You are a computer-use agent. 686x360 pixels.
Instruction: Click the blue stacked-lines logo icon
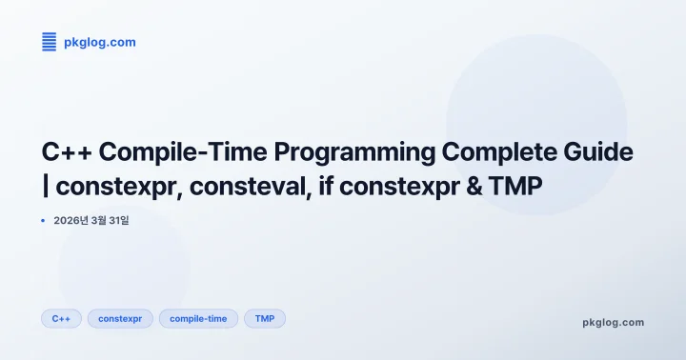coord(50,41)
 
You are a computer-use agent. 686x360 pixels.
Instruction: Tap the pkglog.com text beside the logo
coord(93,41)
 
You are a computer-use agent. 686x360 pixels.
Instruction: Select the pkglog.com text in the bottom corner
coord(613,322)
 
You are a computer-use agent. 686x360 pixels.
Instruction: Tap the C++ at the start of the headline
coord(67,151)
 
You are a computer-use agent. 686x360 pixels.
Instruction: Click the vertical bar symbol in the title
coord(47,187)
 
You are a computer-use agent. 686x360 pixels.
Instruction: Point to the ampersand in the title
coord(473,187)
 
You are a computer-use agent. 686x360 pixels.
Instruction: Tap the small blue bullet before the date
coord(44,221)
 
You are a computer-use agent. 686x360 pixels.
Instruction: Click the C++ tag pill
coord(61,318)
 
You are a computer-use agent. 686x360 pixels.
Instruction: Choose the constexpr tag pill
coord(120,318)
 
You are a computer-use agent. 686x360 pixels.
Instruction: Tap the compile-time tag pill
coord(198,318)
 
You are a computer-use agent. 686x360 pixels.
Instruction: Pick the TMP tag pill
coord(265,318)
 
